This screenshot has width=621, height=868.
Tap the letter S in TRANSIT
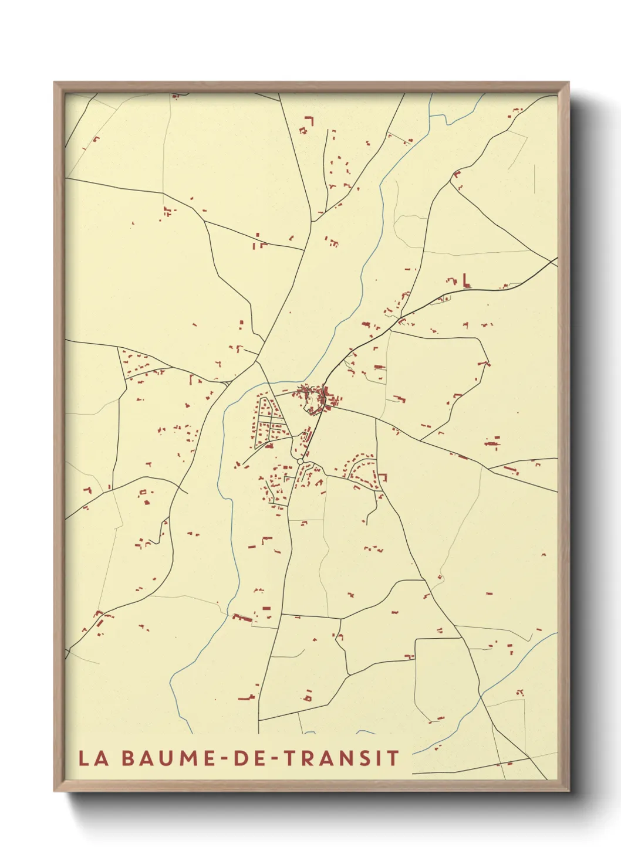pyautogui.click(x=370, y=758)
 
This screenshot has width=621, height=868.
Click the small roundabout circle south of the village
pyautogui.click(x=301, y=462)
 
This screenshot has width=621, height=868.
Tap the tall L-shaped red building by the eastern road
pyautogui.click(x=467, y=281)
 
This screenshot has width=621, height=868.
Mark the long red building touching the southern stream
pyautogui.click(x=242, y=617)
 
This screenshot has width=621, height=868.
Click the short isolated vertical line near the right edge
pyautogui.click(x=535, y=178)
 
